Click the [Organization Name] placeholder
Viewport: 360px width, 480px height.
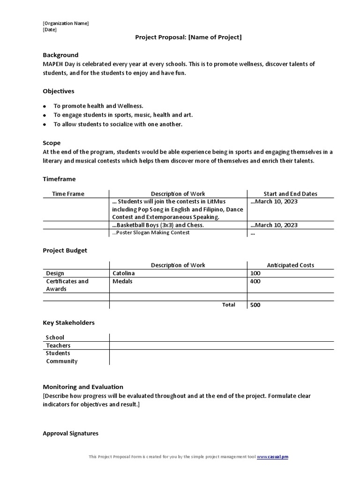pyautogui.click(x=66, y=23)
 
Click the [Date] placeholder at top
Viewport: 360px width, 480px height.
pyautogui.click(x=50, y=30)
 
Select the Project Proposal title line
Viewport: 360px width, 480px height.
pyautogui.click(x=188, y=37)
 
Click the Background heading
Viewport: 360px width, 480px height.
pyautogui.click(x=60, y=55)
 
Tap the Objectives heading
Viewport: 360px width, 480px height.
pyautogui.click(x=59, y=91)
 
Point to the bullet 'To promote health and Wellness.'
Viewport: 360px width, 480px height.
pyautogui.click(x=98, y=106)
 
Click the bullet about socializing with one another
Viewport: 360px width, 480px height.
pyautogui.click(x=118, y=124)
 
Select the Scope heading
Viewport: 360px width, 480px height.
pyautogui.click(x=52, y=142)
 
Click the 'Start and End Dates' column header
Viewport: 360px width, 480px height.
pyautogui.click(x=290, y=194)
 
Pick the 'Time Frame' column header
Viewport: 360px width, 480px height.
pyautogui.click(x=68, y=194)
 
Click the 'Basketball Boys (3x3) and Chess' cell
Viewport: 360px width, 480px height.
pyautogui.click(x=158, y=225)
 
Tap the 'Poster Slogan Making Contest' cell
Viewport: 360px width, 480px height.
pyautogui.click(x=151, y=233)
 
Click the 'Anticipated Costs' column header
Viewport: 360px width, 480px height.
pyautogui.click(x=290, y=265)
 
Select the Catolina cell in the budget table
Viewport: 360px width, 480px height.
pyautogui.click(x=124, y=273)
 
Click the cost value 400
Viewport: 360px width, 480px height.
pyautogui.click(x=255, y=281)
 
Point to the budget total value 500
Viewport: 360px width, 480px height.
pyautogui.click(x=255, y=305)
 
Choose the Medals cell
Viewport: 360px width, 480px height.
pyautogui.click(x=122, y=281)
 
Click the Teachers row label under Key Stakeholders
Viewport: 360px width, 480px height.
pyautogui.click(x=58, y=345)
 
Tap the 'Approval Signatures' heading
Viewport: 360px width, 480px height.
pyautogui.click(x=70, y=434)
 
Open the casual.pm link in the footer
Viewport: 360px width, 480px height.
pyautogui.click(x=272, y=457)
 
